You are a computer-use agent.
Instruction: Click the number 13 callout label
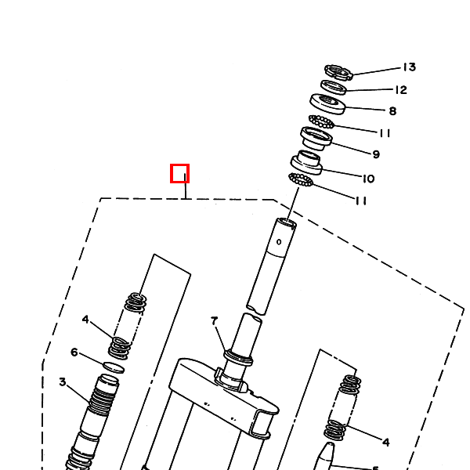[x=409, y=67]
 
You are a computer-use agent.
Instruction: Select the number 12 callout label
[x=400, y=90]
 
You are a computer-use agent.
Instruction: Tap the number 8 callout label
[x=392, y=111]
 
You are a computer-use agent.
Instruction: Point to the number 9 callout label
[x=376, y=154]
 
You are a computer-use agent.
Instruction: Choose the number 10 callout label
[x=368, y=179]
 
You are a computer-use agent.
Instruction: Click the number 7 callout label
[x=213, y=321]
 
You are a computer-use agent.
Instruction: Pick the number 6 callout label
[x=74, y=352]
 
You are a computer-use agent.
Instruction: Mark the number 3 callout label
[x=62, y=382]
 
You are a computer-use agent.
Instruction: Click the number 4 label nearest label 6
[x=85, y=320]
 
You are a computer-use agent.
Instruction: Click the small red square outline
[x=180, y=173]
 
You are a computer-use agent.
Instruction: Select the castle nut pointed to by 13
[x=338, y=72]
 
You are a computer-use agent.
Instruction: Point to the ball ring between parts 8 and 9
[x=321, y=121]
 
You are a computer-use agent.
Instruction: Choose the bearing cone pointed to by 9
[x=316, y=139]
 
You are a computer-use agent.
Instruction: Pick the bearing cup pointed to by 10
[x=306, y=163]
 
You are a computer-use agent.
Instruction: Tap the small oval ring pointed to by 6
[x=114, y=366]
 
